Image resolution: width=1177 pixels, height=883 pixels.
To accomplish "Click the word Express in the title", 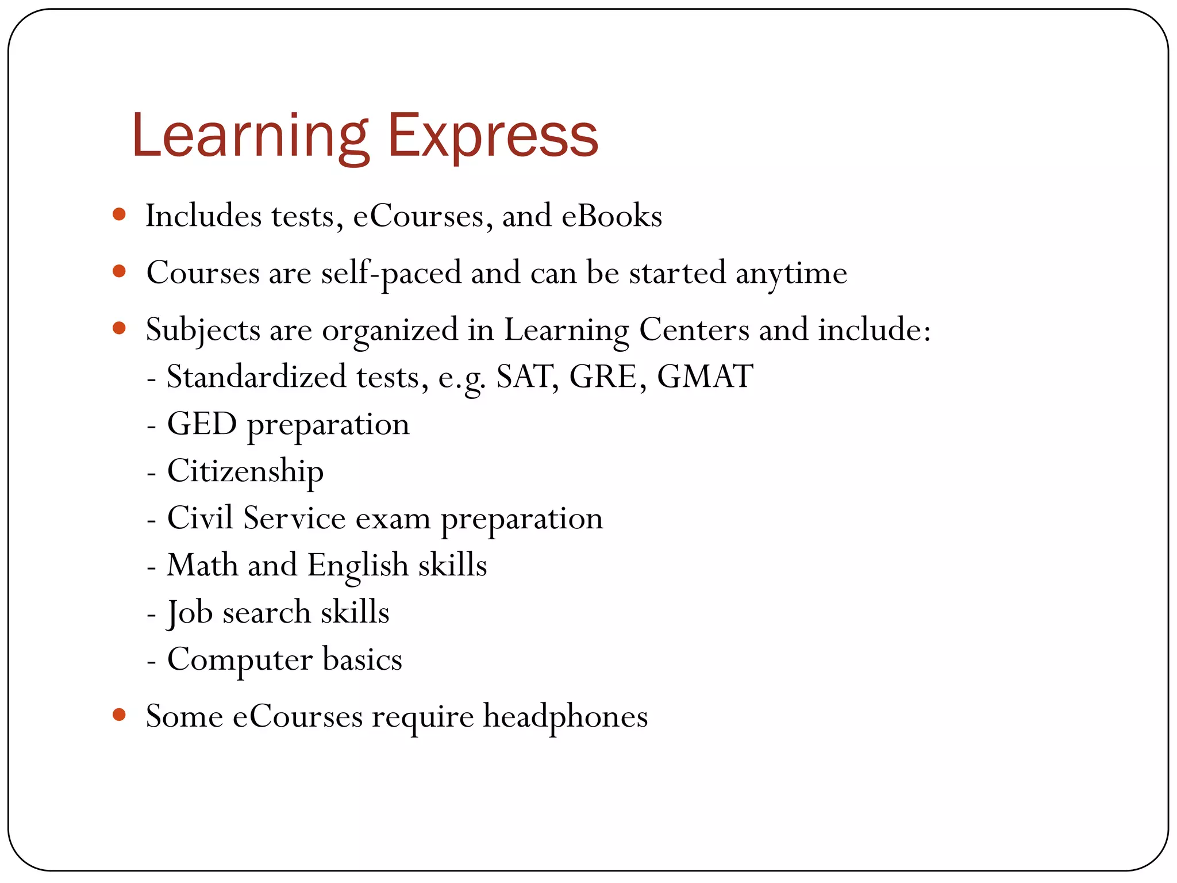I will (x=493, y=137).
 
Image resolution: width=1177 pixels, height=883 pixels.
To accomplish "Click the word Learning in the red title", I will (x=250, y=137).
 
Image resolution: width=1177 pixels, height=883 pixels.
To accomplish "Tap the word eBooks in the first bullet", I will (x=611, y=216).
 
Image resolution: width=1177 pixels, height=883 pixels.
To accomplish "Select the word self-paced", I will (x=391, y=272).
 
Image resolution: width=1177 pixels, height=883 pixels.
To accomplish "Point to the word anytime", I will (x=791, y=272).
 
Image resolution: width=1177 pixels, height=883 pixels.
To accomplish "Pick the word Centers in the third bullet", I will (x=694, y=330).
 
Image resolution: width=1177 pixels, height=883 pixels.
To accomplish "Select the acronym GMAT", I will (x=705, y=377).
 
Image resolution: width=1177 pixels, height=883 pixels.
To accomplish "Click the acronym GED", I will (x=202, y=424).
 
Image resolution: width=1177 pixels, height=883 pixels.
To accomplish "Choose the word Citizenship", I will (x=245, y=471).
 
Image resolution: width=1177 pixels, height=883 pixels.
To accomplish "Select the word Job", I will (x=190, y=612).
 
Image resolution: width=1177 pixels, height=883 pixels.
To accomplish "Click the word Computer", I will (x=240, y=659).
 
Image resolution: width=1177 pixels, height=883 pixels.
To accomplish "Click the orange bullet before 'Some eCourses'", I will (x=120, y=715).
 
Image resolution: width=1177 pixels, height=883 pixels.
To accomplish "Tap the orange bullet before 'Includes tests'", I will (x=120, y=214).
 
